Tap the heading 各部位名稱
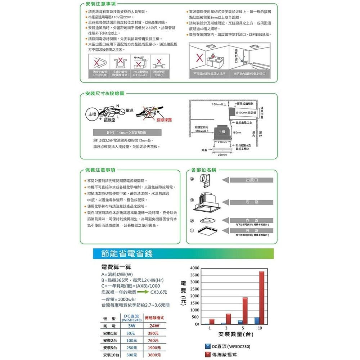point(204,170)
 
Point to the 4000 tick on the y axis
point(195,268)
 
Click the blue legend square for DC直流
point(207,346)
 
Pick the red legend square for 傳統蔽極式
point(207,355)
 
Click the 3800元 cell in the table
point(154,355)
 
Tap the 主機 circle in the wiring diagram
point(91,114)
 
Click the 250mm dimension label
point(222,155)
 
